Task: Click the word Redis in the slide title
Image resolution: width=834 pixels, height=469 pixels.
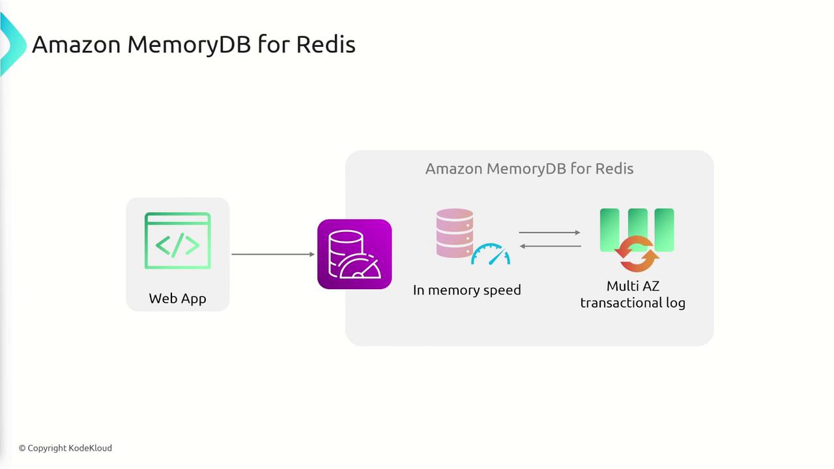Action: (325, 44)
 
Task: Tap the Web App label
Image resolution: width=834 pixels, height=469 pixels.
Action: (177, 298)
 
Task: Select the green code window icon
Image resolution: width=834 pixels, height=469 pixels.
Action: (177, 240)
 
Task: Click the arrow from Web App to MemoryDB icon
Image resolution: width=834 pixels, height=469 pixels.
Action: (272, 254)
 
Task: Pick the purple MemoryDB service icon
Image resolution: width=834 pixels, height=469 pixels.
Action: (354, 254)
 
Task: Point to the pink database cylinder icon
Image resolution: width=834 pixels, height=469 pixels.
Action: (455, 233)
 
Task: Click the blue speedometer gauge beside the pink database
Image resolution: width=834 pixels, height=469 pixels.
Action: (491, 255)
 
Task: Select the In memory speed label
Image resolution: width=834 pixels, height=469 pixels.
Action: (467, 290)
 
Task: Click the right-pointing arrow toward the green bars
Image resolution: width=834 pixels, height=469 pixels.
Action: (549, 233)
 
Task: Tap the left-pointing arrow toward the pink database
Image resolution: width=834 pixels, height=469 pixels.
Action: (550, 246)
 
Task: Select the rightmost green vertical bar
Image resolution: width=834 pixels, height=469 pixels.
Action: (665, 228)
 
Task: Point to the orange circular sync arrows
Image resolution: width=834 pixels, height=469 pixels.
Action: (637, 255)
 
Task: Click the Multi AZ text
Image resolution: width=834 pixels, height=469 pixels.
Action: (633, 286)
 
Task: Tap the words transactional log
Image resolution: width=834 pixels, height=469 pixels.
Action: (633, 303)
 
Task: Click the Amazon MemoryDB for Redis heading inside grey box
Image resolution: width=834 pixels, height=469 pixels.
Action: (529, 169)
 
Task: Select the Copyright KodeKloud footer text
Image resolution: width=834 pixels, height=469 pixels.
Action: (65, 448)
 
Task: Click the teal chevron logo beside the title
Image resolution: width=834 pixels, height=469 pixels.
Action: (11, 44)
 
